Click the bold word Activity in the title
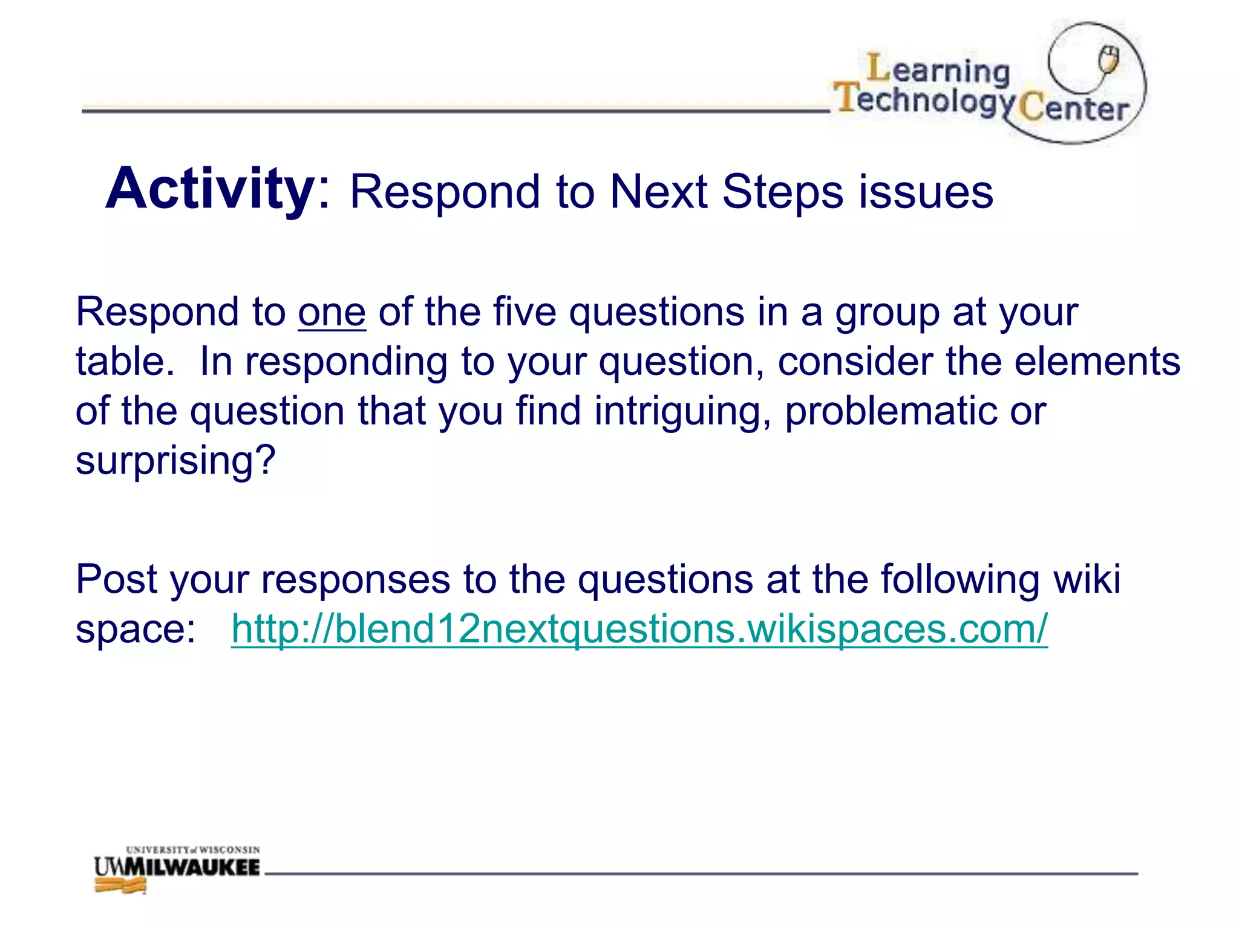(210, 189)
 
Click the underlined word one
(332, 313)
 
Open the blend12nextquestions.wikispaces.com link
(639, 629)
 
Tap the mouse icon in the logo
(1109, 60)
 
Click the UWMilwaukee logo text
(177, 867)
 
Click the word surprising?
(175, 461)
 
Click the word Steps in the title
(782, 192)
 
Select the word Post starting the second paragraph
(117, 579)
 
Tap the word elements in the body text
(1097, 362)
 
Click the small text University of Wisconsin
(192, 850)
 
